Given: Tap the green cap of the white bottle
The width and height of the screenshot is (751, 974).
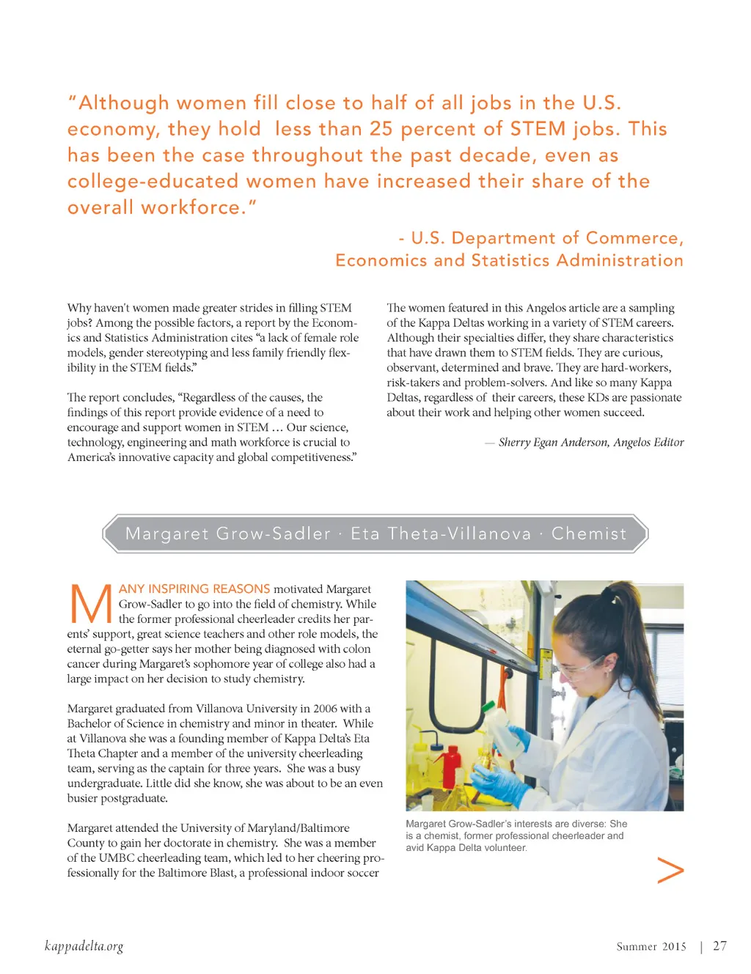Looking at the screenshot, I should pos(488,705).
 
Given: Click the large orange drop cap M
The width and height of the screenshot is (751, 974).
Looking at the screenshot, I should pos(90,605).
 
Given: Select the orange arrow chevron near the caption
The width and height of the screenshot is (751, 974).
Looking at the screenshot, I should pos(670,870).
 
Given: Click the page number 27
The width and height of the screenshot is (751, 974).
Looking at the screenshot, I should pos(719,946).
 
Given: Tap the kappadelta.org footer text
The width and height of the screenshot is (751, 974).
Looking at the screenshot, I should pos(84,946).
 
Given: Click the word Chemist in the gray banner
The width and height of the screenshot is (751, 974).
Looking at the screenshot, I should pos(589,534).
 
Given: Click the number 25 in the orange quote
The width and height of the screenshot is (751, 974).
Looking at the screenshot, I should pos(381,129).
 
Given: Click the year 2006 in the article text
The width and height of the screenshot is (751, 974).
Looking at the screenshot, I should pos(325,709).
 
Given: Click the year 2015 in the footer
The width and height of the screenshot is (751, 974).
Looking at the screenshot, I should pos(674,946).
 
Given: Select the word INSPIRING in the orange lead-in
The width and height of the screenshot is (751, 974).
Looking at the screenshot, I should pos(178,589).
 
